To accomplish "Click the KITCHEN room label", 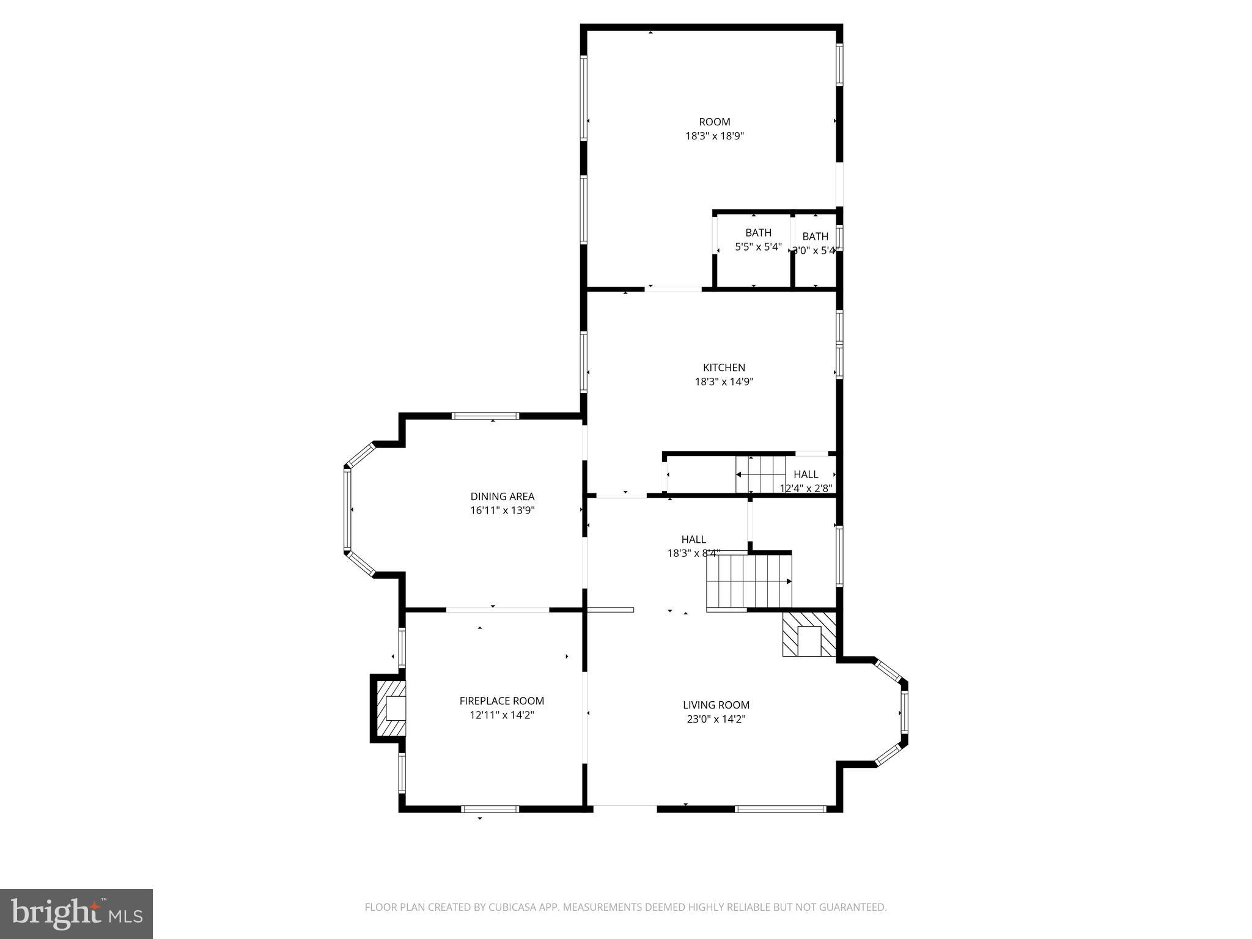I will (724, 367).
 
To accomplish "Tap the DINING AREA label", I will (502, 496).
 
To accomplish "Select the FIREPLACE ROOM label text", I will (501, 701).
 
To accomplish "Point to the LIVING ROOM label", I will (716, 705).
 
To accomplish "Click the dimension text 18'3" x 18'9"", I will (714, 136).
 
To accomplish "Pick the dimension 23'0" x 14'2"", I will (716, 719).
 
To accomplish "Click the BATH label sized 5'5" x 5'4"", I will (758, 233).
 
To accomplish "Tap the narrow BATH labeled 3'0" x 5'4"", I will (815, 237).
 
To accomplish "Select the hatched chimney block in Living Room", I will (809, 635).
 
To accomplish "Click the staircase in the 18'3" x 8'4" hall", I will (749, 581).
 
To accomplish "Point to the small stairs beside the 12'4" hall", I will (760, 474).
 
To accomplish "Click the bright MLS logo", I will (76, 914).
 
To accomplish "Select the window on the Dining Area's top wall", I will (485, 416).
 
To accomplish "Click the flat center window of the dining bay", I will (347, 510).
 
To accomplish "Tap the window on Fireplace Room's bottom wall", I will (490, 809).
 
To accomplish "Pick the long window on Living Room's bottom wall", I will (780, 809).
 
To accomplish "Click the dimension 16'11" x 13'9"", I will (502, 510).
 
